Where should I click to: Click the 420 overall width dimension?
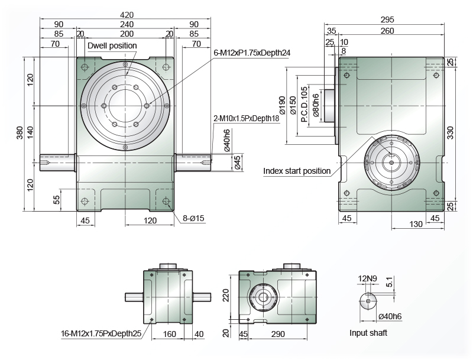coord(127,14)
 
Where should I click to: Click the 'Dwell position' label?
coord(112,46)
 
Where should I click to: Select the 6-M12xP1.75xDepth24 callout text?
coord(252,53)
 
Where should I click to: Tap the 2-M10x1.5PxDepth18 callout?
coord(247,118)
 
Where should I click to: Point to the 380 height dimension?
coord(20,132)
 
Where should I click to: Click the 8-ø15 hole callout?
coord(193,218)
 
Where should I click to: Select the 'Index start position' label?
coord(297,171)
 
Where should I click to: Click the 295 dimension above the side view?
coord(387,20)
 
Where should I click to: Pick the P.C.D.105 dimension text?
coord(304,104)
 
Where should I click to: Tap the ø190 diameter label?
coord(283,105)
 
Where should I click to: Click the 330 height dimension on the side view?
coord(450,132)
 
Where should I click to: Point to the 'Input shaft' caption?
coord(368,333)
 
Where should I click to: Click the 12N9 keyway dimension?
coord(367,278)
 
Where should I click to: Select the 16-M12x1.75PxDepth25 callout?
coord(101,333)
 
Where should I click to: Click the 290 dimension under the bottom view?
coord(277,334)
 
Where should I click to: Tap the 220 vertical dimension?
coord(226,296)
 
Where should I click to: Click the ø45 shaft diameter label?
coord(238,163)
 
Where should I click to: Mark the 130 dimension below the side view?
coord(416,224)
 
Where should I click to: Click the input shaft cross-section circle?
coord(368,301)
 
